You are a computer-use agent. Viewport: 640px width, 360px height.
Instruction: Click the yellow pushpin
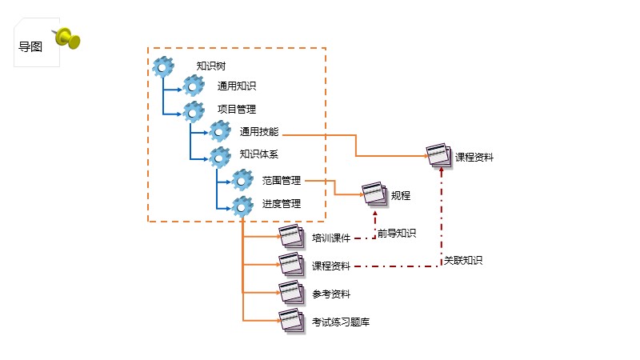coord(67,38)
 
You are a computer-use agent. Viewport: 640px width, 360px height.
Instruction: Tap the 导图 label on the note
coord(30,46)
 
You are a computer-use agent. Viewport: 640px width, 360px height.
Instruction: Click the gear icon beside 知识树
coord(163,66)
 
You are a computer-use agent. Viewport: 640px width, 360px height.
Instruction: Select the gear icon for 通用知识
coord(194,86)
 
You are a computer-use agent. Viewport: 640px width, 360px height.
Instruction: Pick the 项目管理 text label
coord(237,109)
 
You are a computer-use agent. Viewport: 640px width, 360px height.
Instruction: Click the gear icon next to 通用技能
coord(220,131)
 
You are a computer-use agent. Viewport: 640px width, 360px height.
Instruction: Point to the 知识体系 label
coord(258,154)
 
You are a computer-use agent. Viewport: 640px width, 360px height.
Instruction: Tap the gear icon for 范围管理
coord(242,180)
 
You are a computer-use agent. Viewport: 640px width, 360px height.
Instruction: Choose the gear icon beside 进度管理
coord(242,206)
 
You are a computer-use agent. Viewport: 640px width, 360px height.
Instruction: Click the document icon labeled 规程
coord(374,194)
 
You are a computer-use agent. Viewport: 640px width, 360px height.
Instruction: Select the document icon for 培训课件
coord(291,236)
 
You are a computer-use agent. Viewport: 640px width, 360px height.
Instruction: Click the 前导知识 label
coord(397,233)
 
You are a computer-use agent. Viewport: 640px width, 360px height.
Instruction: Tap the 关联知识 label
coord(463,261)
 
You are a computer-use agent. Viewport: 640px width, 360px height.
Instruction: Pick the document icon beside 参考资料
coord(291,292)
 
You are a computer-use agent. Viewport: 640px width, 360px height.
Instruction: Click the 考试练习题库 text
coord(341,322)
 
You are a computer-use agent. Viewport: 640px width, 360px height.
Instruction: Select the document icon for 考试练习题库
coord(291,321)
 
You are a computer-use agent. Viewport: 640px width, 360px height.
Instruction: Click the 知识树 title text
coord(211,66)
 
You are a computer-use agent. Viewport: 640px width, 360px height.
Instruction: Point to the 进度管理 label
coord(282,204)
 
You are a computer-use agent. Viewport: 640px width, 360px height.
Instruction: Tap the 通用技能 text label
coord(258,131)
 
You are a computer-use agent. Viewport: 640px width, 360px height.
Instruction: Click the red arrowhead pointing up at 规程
coord(375,214)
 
